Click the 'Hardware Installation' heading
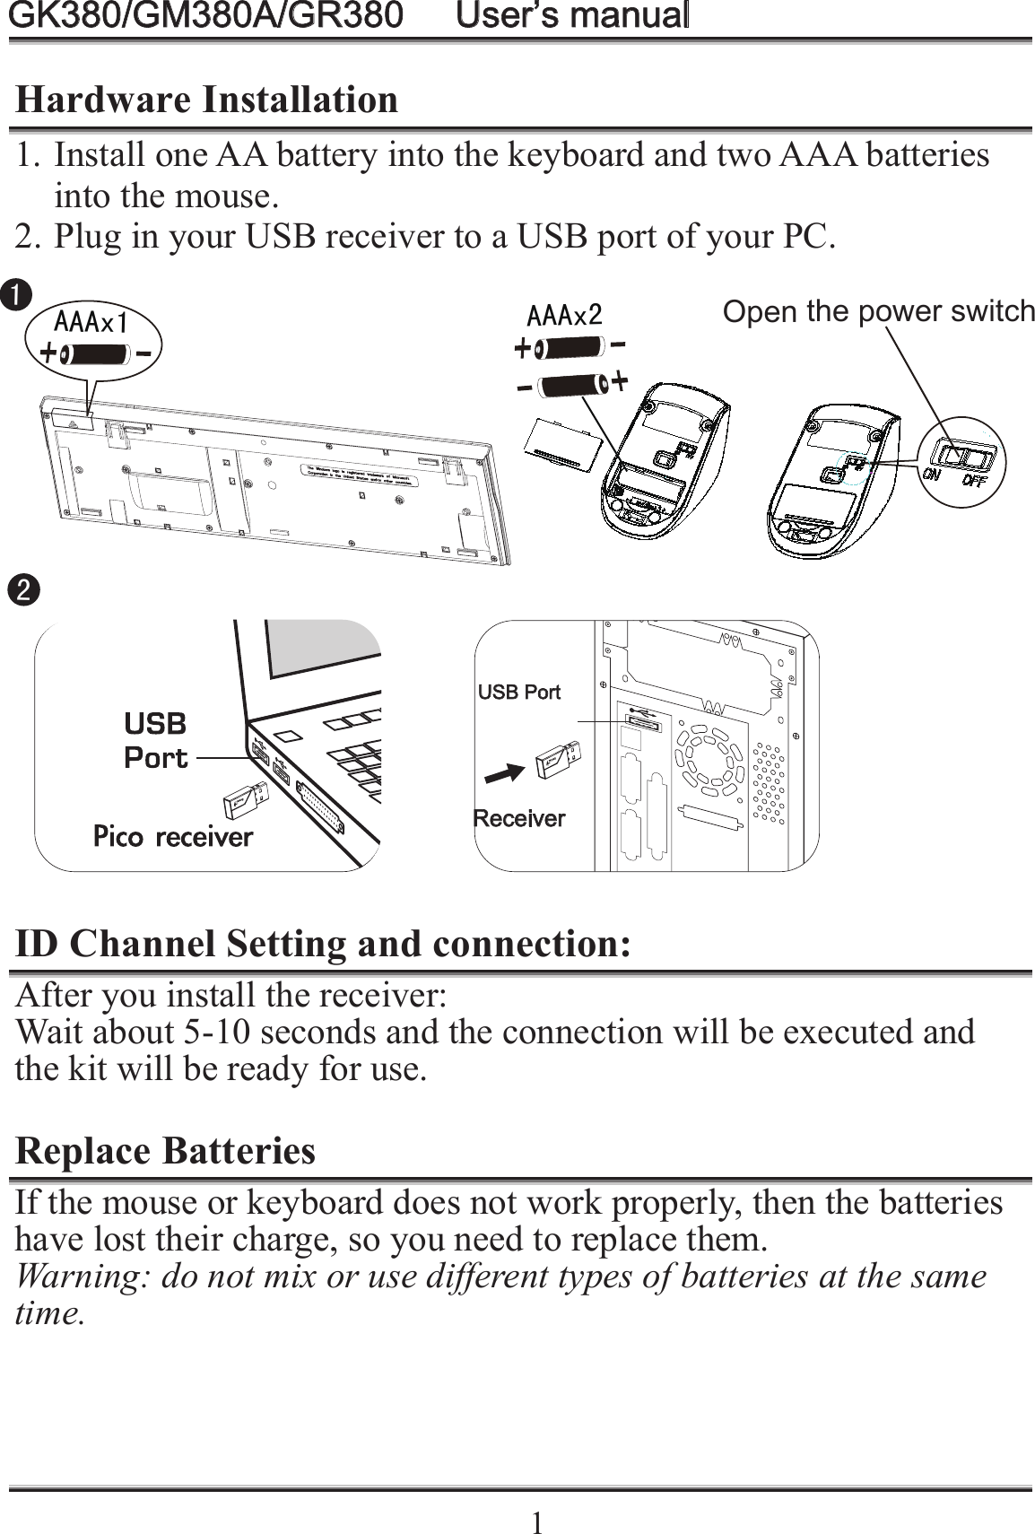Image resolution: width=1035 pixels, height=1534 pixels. tap(207, 100)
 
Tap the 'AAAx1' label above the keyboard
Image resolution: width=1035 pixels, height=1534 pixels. tap(90, 321)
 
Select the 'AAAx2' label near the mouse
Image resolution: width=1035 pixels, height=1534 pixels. tap(563, 315)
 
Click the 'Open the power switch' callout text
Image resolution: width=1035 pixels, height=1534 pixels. tap(877, 311)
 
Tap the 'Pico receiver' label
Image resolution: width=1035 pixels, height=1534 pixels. tap(173, 837)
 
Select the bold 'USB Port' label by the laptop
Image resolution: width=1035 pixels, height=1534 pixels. tap(155, 740)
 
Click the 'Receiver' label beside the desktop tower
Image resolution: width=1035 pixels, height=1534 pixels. tap(519, 818)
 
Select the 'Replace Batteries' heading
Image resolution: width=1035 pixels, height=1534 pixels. tap(166, 1150)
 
